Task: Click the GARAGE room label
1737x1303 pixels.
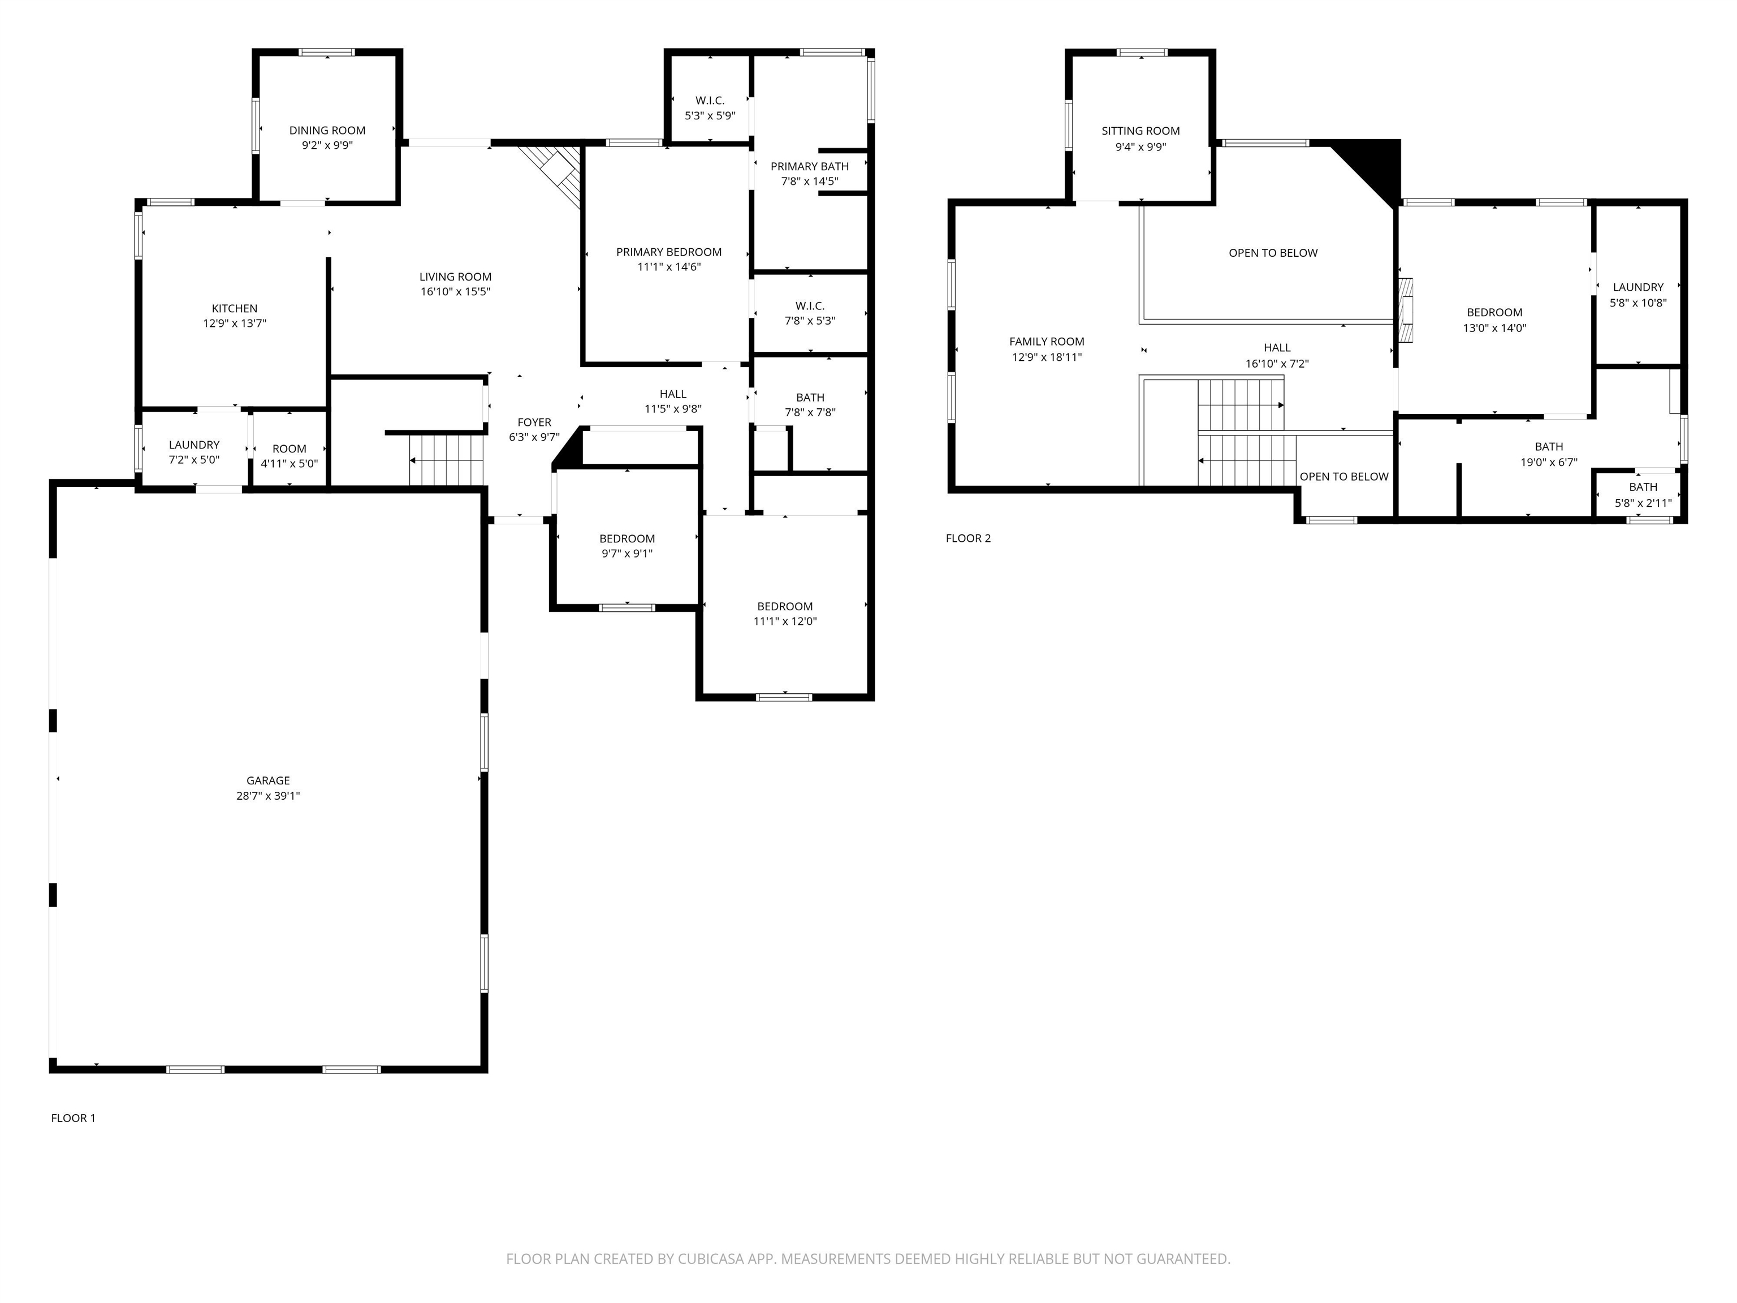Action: [x=268, y=780]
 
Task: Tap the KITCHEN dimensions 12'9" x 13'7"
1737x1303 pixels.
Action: [x=235, y=323]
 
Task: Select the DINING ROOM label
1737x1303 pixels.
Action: [x=327, y=131]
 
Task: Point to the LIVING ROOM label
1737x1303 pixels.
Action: [x=455, y=277]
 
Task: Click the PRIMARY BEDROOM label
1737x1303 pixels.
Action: [x=668, y=252]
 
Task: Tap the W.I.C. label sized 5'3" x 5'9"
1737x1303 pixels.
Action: [x=710, y=101]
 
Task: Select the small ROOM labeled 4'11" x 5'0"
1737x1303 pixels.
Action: [x=289, y=449]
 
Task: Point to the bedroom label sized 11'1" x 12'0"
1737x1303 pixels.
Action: [x=784, y=606]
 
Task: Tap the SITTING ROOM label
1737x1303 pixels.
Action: [x=1140, y=131]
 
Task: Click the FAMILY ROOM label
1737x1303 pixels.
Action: [x=1046, y=342]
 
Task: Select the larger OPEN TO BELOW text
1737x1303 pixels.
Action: [x=1273, y=253]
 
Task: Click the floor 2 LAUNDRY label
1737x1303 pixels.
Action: [x=1637, y=287]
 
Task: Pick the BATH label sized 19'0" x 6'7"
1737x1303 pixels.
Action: [x=1549, y=447]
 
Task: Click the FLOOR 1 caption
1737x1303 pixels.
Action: [x=73, y=1118]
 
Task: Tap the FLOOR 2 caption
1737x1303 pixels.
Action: [x=967, y=538]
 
